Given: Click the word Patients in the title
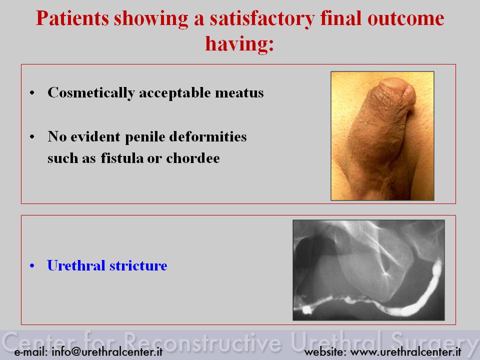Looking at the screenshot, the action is click(x=72, y=18).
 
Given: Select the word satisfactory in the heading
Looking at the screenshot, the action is click(x=262, y=19).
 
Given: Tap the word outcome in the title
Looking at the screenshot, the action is click(x=405, y=18).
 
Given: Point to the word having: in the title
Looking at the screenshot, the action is click(x=239, y=44).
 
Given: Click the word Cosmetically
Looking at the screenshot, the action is click(x=91, y=93).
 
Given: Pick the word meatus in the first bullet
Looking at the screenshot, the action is click(x=239, y=93).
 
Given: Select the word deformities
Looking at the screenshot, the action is click(x=208, y=136).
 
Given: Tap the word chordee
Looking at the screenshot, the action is click(x=193, y=158).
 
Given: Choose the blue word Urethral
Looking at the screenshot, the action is click(x=76, y=265).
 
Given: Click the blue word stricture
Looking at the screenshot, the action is click(x=138, y=265).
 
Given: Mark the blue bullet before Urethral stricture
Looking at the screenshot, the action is click(x=32, y=265).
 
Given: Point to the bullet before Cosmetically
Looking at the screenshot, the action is click(x=32, y=93).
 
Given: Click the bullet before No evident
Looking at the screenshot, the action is click(x=32, y=137).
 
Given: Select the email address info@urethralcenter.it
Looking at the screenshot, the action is click(x=107, y=351).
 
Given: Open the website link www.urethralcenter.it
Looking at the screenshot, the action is click(x=405, y=351).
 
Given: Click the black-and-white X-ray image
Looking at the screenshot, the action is click(x=369, y=270).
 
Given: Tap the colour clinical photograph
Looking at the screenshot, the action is click(x=382, y=136).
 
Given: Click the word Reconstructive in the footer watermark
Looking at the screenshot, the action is click(x=202, y=341).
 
